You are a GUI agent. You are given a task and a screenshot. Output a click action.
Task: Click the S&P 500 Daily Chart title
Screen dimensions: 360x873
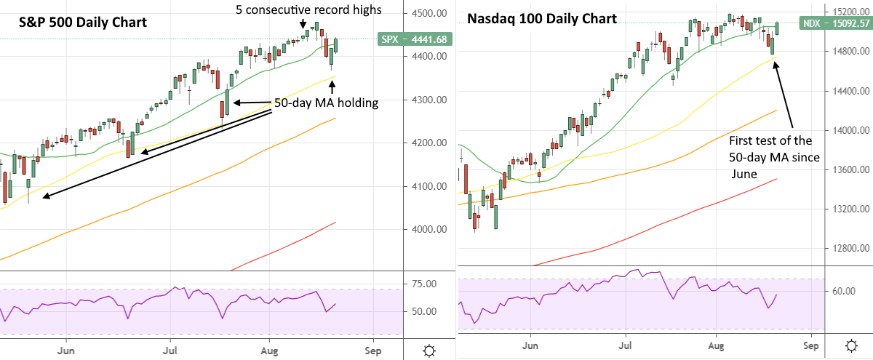coord(83,22)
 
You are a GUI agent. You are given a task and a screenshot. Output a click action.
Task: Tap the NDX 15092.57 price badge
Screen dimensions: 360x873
coord(835,24)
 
